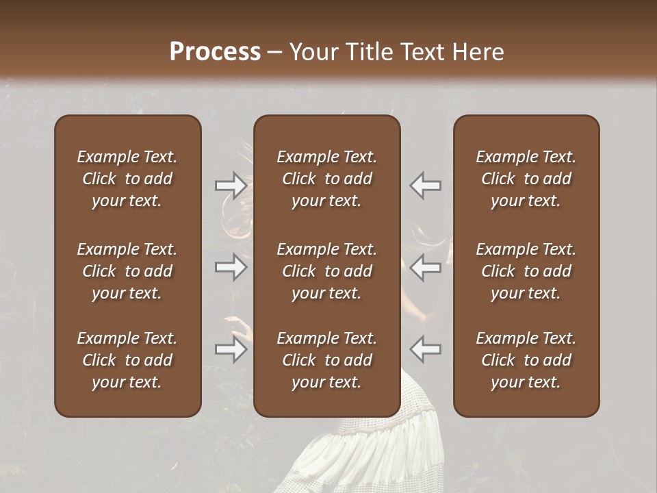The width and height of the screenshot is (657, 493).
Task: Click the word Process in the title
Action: (x=215, y=52)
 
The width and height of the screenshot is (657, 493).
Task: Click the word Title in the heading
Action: (x=368, y=52)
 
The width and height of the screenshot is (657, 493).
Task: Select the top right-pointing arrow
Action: (x=231, y=185)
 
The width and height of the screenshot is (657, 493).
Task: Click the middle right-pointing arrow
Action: (x=231, y=267)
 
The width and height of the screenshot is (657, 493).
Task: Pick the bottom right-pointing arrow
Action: (x=231, y=349)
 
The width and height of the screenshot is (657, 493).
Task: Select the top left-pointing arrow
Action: (x=425, y=185)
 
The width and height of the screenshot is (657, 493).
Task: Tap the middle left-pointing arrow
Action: (x=425, y=267)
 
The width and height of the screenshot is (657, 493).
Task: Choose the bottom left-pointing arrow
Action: (x=425, y=349)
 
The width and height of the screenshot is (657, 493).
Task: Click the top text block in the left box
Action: (x=127, y=179)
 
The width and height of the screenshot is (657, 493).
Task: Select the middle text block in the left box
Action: (x=127, y=271)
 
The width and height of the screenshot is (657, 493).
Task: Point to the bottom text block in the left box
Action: (x=127, y=360)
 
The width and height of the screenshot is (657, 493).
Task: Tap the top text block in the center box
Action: (x=326, y=179)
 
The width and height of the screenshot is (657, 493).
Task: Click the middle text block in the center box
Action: (x=326, y=271)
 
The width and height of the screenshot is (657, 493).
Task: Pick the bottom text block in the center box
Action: (x=326, y=360)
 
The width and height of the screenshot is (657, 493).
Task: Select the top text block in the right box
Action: (x=526, y=179)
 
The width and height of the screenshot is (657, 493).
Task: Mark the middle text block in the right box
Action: (x=526, y=271)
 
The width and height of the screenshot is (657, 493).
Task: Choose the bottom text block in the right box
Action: (x=526, y=360)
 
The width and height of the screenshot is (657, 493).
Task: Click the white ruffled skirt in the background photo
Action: (x=383, y=452)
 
